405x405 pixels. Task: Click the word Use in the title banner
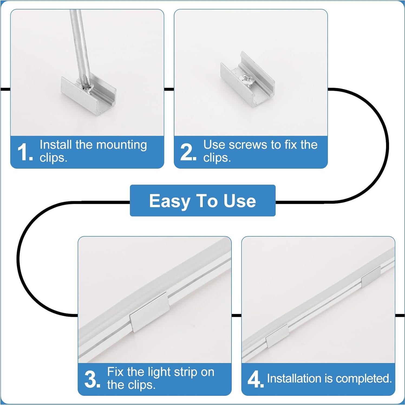(x=240, y=201)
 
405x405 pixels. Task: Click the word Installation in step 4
(x=294, y=378)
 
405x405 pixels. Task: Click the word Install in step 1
(x=56, y=145)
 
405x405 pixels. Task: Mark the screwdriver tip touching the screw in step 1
(x=86, y=86)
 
